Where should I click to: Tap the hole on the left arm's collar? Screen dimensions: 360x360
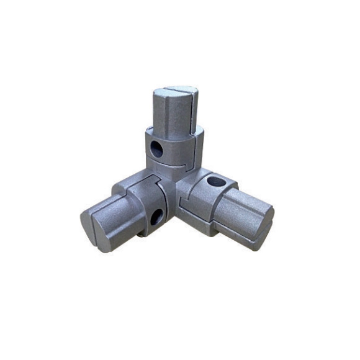click(156, 217)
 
